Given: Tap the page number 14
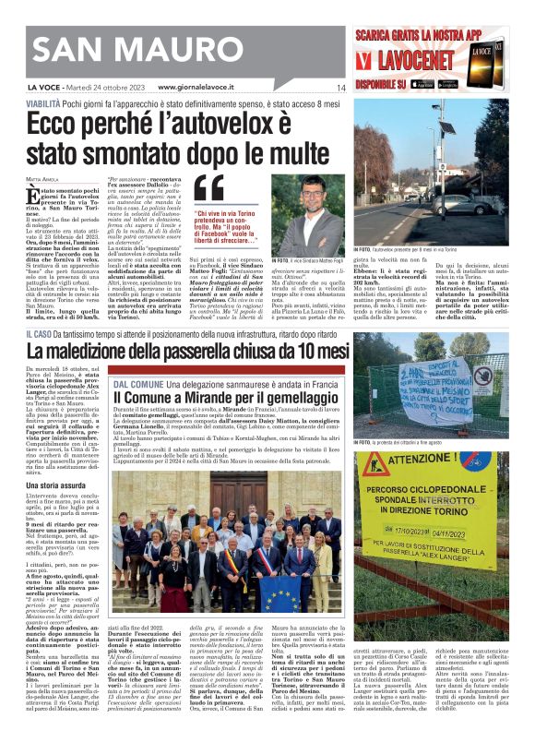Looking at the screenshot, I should [x=339, y=87].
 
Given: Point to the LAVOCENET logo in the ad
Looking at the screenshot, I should [x=410, y=64].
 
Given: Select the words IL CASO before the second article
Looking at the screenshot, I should [x=39, y=333].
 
